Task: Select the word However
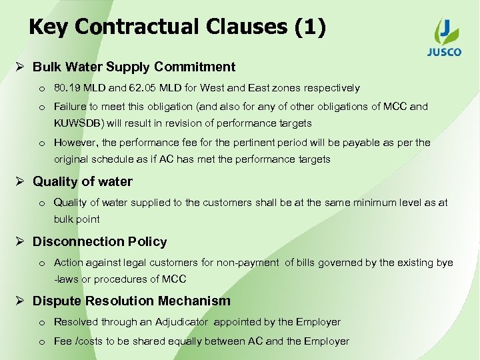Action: pyautogui.click(x=72, y=142)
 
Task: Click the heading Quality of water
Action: pyautogui.click(x=83, y=181)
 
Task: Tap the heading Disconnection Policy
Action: pyautogui.click(x=100, y=241)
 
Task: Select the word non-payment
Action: pyautogui.click(x=251, y=263)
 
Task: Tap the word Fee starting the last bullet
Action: pyautogui.click(x=63, y=341)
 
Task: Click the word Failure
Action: pyautogui.click(x=70, y=107)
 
